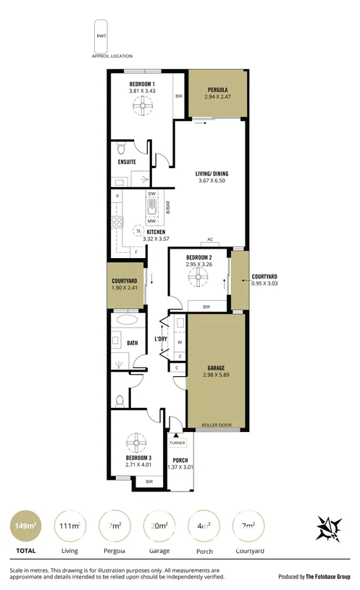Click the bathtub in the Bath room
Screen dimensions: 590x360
point(125,320)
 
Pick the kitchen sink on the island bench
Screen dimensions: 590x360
point(152,211)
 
